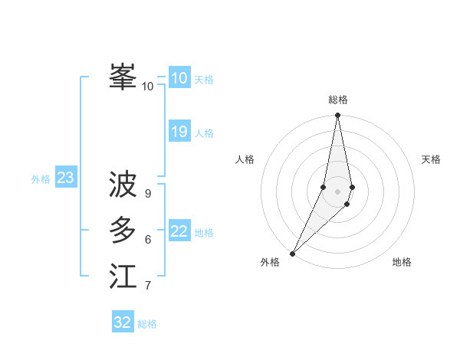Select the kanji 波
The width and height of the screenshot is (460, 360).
coord(123,185)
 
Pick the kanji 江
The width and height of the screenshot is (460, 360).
coord(123,277)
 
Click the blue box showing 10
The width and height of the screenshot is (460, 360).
coord(179,78)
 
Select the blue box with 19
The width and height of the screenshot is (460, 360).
coord(179,132)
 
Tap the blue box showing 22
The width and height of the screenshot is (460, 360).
coord(179,231)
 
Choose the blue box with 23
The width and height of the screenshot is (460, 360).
coord(65,178)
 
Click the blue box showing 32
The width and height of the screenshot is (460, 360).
coord(123,322)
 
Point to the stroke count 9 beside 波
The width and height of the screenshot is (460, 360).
coord(148,194)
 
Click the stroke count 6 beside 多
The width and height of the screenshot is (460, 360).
coord(148,240)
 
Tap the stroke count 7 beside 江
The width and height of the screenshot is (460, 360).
coord(148,286)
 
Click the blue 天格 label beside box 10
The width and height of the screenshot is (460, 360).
coord(204,80)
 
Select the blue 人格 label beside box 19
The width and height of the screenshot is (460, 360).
coord(204,133)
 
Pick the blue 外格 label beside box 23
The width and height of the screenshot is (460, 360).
coord(41,179)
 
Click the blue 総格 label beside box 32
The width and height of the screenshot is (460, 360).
coord(147,324)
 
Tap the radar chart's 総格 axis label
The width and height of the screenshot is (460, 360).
coord(338,100)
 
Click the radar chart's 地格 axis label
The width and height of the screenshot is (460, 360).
coord(402,262)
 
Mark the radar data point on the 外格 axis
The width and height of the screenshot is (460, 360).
coord(293,254)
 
